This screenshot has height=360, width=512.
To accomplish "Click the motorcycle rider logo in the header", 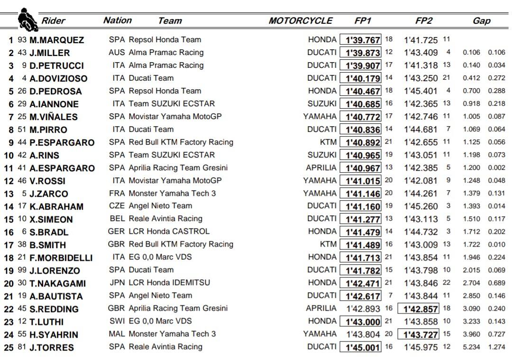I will pos(27,20).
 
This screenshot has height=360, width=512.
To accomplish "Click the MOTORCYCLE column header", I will pos(301,21).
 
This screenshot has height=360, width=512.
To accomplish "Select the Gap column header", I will pos(481,21).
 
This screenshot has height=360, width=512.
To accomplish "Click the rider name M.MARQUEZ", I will pos(56,40).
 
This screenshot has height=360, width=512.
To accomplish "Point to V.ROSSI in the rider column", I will pos(47,181).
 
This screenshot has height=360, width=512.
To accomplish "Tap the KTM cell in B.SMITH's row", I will pos(328,244).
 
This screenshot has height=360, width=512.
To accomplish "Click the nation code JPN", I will pos(117,283).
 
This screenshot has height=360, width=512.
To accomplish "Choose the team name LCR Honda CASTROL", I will pos(169,231).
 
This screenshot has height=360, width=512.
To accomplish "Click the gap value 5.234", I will pos(472,347).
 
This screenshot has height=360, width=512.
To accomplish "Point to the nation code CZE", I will pos(117,206).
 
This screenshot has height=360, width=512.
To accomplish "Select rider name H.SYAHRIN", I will pos(54,335).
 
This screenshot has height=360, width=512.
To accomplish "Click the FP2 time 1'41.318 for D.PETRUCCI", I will pos(421,65).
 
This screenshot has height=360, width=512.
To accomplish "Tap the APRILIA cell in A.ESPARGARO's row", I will pos(321,167).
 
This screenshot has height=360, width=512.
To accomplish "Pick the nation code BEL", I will pos(117,219).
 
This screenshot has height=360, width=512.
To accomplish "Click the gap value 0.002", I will pos(497,167).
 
